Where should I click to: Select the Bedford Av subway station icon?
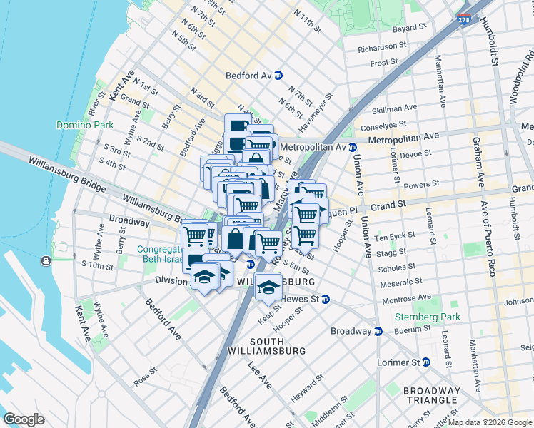tap(278, 75)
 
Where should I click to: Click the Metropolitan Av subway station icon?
tap(351, 147)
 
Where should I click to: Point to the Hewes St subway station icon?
tap(325, 300)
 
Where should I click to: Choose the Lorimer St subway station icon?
tap(426, 362)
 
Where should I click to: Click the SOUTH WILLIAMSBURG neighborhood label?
tap(266, 345)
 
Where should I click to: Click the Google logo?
tap(24, 419)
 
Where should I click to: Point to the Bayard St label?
tap(408, 29)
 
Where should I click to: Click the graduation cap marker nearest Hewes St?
tap(268, 287)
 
